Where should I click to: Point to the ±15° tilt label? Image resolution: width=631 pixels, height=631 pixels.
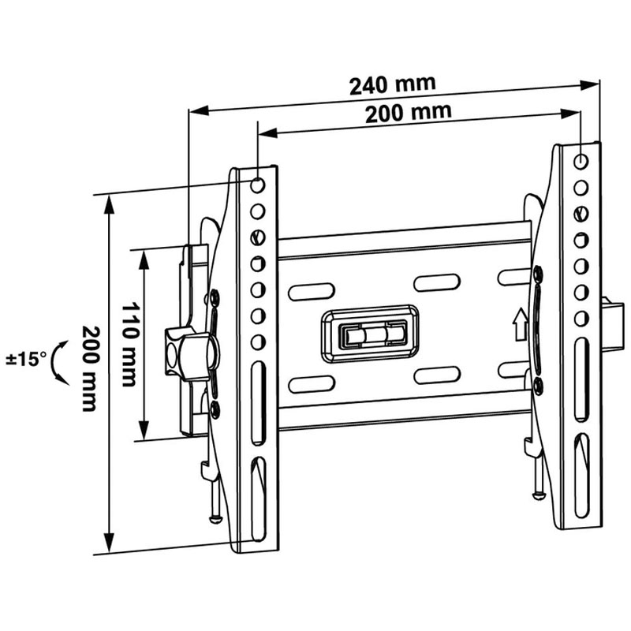point(24,360)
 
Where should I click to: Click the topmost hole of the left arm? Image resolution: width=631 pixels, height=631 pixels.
point(257,186)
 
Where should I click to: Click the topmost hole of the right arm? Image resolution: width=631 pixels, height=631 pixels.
point(581,160)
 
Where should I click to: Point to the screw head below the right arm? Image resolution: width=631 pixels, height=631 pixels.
point(538,495)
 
